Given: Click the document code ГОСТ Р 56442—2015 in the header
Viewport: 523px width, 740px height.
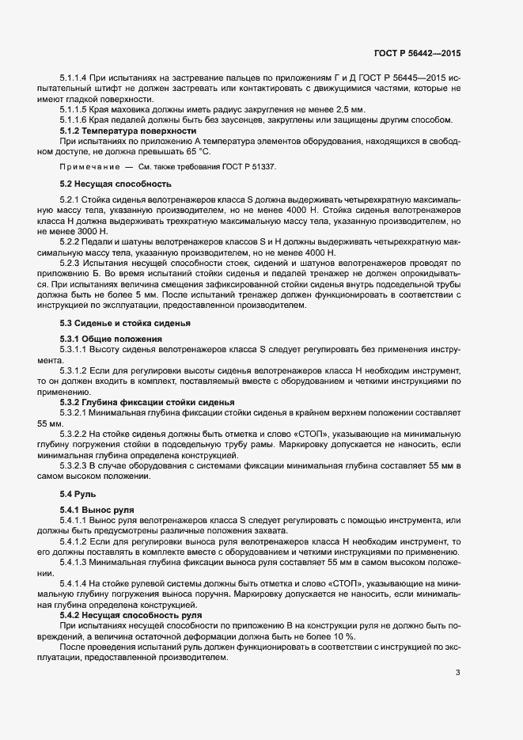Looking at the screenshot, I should coord(417,53).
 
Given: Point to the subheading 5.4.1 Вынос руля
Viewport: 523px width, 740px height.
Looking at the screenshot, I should coord(97,509).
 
